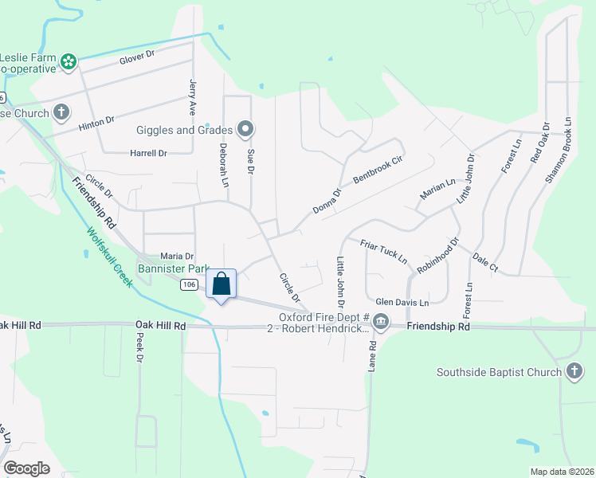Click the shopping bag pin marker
(x=222, y=284)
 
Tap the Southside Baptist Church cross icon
(x=574, y=372)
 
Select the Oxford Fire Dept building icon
(x=381, y=323)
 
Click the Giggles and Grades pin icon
(x=245, y=129)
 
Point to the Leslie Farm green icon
(x=69, y=61)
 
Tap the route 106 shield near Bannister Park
(x=189, y=285)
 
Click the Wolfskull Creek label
(x=109, y=257)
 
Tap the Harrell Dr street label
(x=148, y=153)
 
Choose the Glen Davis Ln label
(x=402, y=303)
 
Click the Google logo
(x=26, y=468)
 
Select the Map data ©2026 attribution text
(x=561, y=472)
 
